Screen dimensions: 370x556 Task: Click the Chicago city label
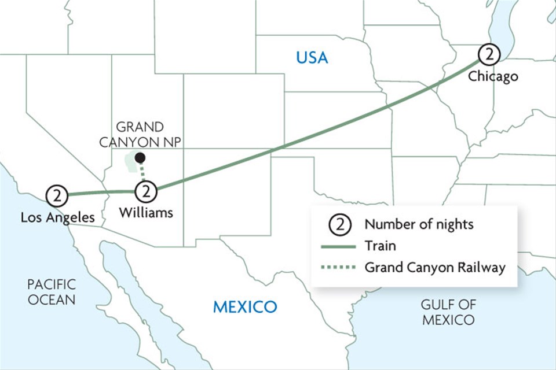(493, 76)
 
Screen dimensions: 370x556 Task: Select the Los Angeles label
(57, 217)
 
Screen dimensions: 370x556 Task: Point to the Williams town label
(146, 213)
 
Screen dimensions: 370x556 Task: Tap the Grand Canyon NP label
(140, 135)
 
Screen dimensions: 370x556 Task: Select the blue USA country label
(312, 58)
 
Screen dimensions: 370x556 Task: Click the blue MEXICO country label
(245, 306)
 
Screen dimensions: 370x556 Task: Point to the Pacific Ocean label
(52, 292)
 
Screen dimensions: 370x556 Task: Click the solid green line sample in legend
(339, 246)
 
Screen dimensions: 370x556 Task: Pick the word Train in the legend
(380, 246)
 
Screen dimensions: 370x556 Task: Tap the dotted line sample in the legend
(339, 268)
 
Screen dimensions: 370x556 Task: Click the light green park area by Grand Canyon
(132, 164)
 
